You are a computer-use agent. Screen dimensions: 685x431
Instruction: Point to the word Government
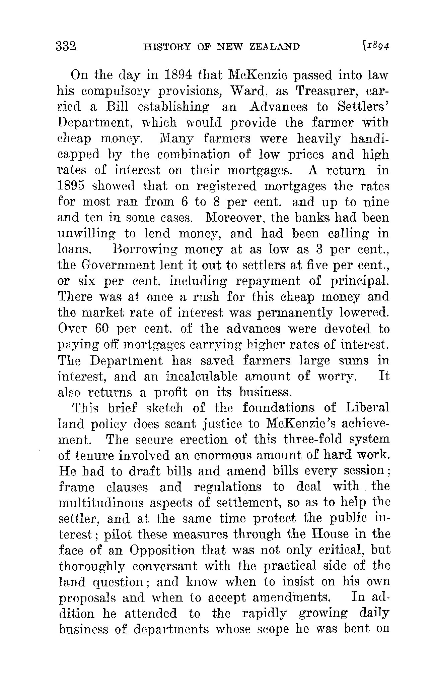coord(119,265)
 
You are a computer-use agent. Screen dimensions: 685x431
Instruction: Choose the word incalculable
coord(202,377)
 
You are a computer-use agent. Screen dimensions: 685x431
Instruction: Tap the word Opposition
coord(162,551)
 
